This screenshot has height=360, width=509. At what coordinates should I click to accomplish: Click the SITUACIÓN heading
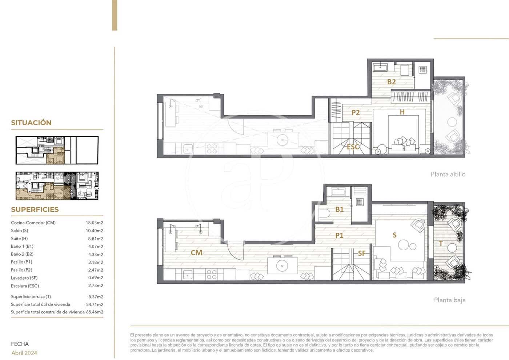click(x=31, y=123)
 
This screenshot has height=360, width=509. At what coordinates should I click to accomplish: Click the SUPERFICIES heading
click(x=35, y=209)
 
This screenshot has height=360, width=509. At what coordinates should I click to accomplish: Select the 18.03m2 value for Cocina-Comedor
click(x=94, y=223)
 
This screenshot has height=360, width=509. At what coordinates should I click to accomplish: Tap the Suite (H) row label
click(x=19, y=239)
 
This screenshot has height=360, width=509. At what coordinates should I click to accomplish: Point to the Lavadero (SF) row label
click(x=24, y=278)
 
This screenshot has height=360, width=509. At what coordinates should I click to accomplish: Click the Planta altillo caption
click(x=448, y=174)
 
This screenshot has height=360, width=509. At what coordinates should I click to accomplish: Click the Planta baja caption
click(x=449, y=300)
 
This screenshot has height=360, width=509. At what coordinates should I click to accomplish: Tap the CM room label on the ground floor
click(x=196, y=252)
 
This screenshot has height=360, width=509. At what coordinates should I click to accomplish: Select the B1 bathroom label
click(x=339, y=209)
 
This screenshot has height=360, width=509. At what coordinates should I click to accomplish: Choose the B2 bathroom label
click(x=391, y=82)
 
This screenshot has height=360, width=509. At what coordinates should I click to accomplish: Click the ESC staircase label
click(x=353, y=147)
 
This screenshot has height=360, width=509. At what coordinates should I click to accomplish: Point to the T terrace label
click(x=441, y=244)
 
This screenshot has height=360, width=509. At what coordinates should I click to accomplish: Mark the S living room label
click(x=394, y=235)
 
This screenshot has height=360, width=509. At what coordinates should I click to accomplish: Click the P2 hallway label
click(x=355, y=113)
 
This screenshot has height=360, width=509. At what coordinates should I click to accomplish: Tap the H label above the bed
click(x=402, y=112)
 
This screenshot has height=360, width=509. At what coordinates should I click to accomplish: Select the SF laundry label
click(x=361, y=253)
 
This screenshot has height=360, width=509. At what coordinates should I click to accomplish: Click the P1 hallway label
click(x=339, y=236)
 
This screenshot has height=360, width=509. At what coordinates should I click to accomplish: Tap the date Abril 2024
click(x=24, y=353)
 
